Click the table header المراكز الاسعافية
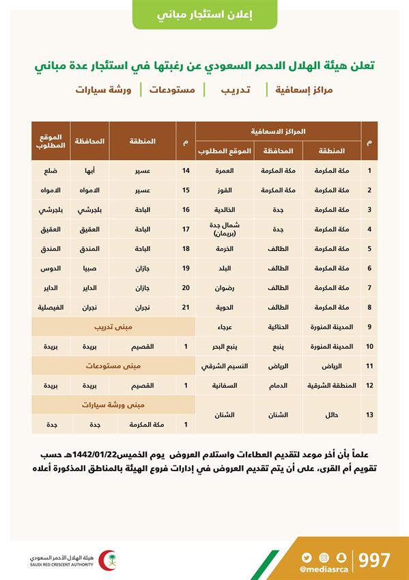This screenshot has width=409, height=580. (278, 131)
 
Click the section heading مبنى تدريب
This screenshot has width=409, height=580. (113, 327)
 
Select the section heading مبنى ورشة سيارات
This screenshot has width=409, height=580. (113, 405)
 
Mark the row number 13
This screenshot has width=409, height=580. (370, 414)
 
